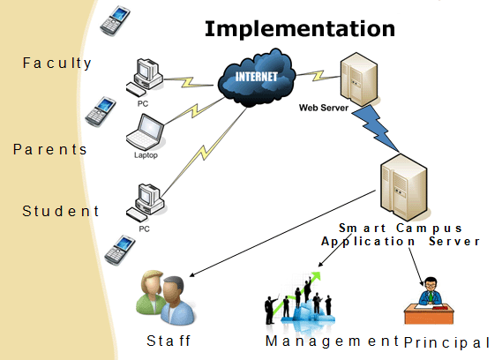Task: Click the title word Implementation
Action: pyautogui.click(x=300, y=29)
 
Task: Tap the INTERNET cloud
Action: pyautogui.click(x=256, y=78)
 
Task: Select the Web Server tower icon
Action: pyautogui.click(x=359, y=79)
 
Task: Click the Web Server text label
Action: pyautogui.click(x=324, y=108)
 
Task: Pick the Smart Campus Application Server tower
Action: pyautogui.click(x=404, y=187)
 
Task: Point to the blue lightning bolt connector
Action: pyautogui.click(x=375, y=127)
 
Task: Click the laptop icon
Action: pyautogui.click(x=145, y=132)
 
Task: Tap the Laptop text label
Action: pyautogui.click(x=146, y=155)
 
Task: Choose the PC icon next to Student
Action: pyautogui.click(x=146, y=203)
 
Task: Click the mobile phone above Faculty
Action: pyautogui.click(x=116, y=20)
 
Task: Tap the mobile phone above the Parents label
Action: pyautogui.click(x=101, y=111)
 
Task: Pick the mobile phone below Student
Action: pyautogui.click(x=120, y=250)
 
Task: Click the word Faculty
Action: pyautogui.click(x=57, y=64)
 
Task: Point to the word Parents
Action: pyautogui.click(x=50, y=150)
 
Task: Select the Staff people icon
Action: pyautogui.click(x=166, y=297)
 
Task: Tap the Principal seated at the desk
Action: pyautogui.click(x=429, y=300)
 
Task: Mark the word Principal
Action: pyautogui.click(x=447, y=342)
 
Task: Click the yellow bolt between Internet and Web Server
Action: pyautogui.click(x=318, y=76)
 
